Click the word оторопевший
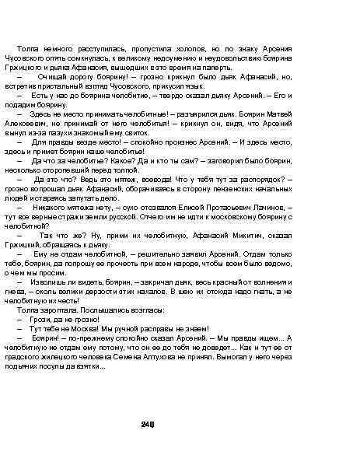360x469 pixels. [89, 169]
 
